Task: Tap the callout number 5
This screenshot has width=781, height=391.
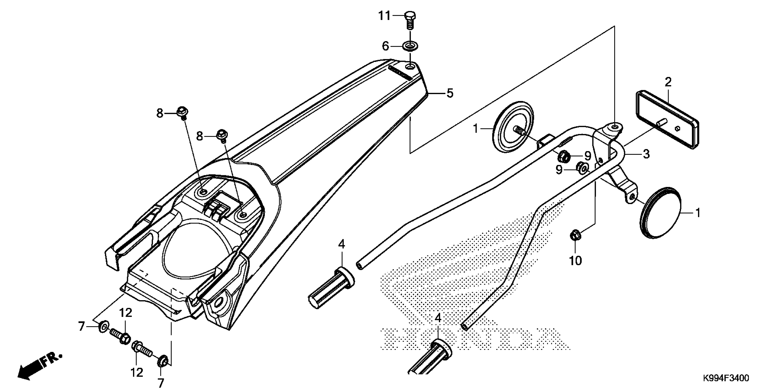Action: coord(450,93)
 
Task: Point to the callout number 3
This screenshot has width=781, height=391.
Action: coord(646,154)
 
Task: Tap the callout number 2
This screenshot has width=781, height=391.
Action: coord(668,82)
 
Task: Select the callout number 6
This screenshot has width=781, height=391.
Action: coord(385,46)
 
